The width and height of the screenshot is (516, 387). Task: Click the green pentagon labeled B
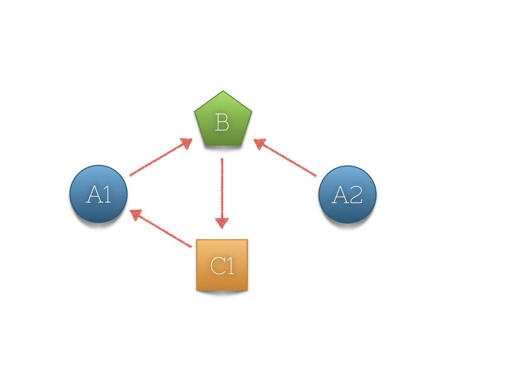223,121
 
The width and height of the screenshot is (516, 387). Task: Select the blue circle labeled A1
98,194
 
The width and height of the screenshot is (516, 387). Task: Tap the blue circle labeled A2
347,194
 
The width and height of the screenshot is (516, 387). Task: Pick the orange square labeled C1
222,265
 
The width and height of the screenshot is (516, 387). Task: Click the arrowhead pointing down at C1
222,222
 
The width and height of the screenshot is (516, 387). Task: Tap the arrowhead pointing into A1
136,214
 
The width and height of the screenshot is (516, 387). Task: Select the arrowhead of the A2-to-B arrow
260,144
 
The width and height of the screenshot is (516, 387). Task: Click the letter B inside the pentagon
222,122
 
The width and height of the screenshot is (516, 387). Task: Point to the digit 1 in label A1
107,195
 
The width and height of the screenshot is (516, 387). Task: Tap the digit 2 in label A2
355,195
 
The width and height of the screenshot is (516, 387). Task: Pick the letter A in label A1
94,195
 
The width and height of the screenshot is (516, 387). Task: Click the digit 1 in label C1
230,266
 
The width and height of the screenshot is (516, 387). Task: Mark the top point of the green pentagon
223,91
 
